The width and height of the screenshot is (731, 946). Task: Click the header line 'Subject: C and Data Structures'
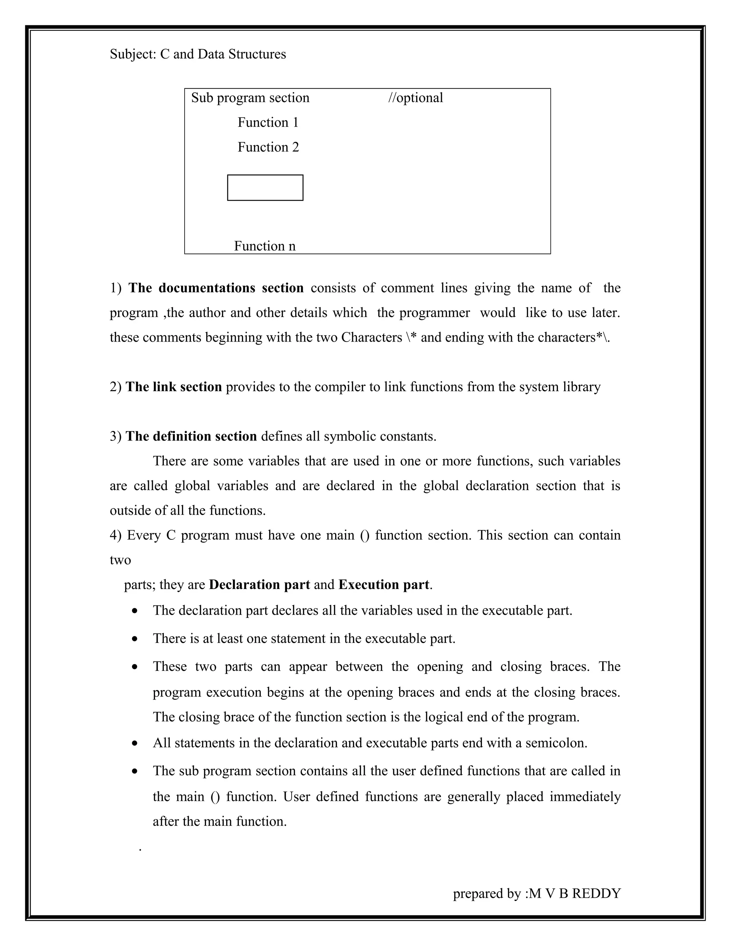click(197, 54)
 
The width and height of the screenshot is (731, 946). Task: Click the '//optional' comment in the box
click(415, 98)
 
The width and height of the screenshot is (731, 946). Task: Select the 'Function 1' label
click(268, 122)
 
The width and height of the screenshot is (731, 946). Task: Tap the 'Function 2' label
click(268, 147)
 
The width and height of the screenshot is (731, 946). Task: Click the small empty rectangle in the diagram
click(265, 187)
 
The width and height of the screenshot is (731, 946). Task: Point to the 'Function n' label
click(264, 246)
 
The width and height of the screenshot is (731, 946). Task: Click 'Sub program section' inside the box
click(250, 98)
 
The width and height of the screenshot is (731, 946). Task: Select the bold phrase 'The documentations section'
click(216, 288)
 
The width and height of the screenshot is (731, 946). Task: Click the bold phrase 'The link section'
click(174, 387)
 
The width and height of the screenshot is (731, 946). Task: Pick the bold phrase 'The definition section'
click(191, 436)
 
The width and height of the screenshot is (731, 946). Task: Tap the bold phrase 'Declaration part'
click(259, 585)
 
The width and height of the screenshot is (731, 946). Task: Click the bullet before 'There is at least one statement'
click(136, 639)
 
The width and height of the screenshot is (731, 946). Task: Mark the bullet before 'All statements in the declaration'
click(136, 743)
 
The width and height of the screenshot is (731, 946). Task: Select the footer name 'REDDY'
click(596, 890)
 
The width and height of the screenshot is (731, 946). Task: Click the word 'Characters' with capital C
click(372, 337)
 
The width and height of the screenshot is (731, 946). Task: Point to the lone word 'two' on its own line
click(120, 560)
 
